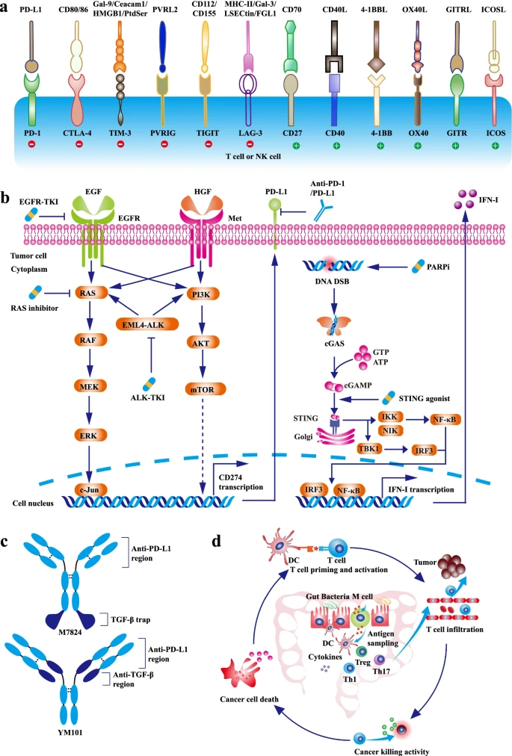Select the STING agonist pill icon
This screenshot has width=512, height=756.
click(x=389, y=400)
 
